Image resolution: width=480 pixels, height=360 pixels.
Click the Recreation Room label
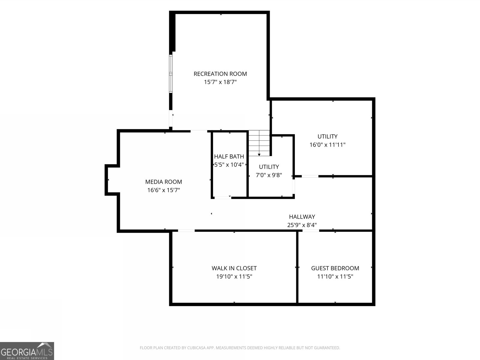point(220,74)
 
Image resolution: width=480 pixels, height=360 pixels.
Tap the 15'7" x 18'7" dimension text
point(220,82)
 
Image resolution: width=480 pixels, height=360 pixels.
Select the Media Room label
point(163,182)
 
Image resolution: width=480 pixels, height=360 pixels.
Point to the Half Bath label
point(229,157)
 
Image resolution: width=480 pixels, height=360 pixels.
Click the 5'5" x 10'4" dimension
point(229,165)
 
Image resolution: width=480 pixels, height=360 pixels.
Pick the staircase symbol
point(259,143)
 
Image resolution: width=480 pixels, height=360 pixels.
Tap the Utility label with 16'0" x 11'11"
point(327,136)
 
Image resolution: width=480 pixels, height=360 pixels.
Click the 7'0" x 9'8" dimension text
point(269,175)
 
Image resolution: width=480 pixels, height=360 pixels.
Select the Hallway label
point(302,217)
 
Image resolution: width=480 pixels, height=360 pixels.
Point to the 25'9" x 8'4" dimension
point(302,225)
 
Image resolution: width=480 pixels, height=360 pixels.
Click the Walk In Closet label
point(234,268)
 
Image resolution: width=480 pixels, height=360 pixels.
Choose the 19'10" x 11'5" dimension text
point(234,277)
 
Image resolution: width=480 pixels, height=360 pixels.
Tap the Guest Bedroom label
point(335,268)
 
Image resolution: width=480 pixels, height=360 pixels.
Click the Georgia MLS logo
point(27,351)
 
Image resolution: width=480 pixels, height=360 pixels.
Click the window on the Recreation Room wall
point(171,74)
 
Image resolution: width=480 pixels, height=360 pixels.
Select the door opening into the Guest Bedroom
point(311,231)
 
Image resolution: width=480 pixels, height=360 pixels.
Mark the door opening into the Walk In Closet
point(186,231)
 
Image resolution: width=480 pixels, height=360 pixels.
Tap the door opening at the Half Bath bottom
point(223,198)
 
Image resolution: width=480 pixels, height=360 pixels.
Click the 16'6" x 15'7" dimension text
point(163,190)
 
